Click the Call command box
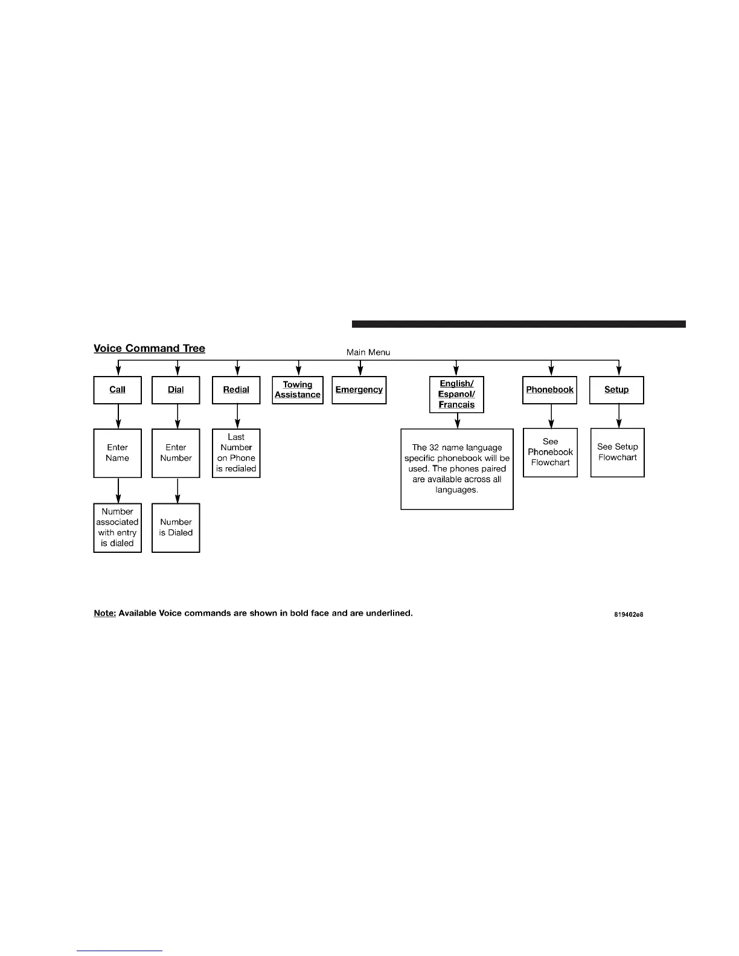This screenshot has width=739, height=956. click(118, 390)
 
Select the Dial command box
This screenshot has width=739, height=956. click(176, 390)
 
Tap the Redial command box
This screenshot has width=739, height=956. click(236, 390)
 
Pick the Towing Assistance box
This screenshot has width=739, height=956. click(298, 390)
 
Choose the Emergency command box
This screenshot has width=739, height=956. click(359, 390)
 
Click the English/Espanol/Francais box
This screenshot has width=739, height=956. click(456, 395)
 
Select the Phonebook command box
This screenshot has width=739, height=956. click(550, 390)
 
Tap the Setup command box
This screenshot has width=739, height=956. click(616, 390)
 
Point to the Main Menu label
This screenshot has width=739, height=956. click(368, 352)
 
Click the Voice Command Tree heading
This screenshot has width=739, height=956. click(149, 348)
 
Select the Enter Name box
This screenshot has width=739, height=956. click(118, 453)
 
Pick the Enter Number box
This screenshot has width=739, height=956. click(176, 453)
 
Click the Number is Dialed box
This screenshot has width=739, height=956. click(176, 527)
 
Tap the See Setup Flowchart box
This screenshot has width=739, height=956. click(618, 453)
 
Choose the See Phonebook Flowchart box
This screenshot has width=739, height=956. click(550, 453)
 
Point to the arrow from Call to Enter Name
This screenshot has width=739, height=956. click(118, 416)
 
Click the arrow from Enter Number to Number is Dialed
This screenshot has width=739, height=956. click(178, 491)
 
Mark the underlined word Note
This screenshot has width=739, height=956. click(104, 613)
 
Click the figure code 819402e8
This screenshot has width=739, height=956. click(629, 614)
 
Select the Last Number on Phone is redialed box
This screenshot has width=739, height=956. click(236, 453)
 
